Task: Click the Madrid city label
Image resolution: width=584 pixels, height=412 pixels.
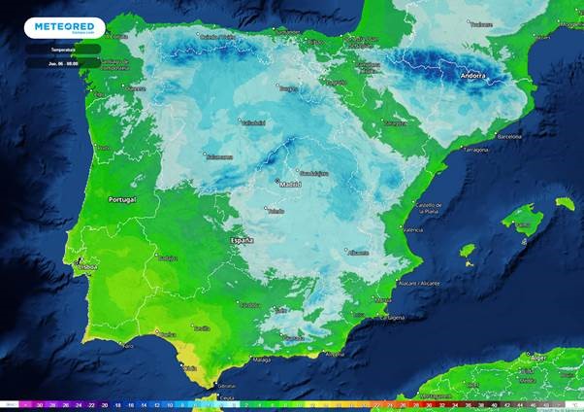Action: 289,184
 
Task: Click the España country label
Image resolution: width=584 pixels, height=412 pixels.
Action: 241,239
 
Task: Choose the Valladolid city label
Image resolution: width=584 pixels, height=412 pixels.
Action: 253,122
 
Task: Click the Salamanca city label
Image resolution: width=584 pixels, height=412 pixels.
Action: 219,155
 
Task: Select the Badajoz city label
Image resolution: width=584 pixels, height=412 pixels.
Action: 167,258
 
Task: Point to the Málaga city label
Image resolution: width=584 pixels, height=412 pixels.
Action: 261,359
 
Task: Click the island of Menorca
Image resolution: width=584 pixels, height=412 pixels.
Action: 565,204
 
